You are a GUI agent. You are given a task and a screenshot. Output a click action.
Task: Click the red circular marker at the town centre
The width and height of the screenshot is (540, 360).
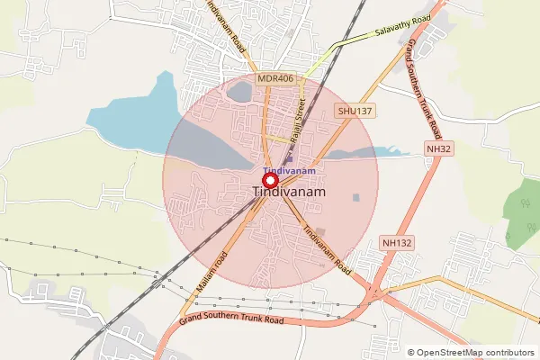click(269, 180)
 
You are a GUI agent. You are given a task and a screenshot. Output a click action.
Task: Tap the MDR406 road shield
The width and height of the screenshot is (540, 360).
click(275, 79)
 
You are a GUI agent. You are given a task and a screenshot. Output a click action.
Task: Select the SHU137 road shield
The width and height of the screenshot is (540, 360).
click(354, 110)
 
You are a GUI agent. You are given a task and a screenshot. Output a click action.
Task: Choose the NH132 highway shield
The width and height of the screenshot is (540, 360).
click(396, 243)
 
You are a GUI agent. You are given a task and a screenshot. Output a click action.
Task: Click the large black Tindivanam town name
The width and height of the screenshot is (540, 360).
click(289, 193)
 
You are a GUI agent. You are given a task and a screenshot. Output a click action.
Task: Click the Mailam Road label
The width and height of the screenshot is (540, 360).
click(212, 271)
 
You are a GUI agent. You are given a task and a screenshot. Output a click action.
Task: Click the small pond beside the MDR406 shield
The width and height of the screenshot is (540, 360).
click(240, 92)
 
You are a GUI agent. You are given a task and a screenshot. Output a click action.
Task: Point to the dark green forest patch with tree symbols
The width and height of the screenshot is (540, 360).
click(519, 220)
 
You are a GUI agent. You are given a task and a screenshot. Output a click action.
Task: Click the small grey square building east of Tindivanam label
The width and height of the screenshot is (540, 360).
click(356, 197)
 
